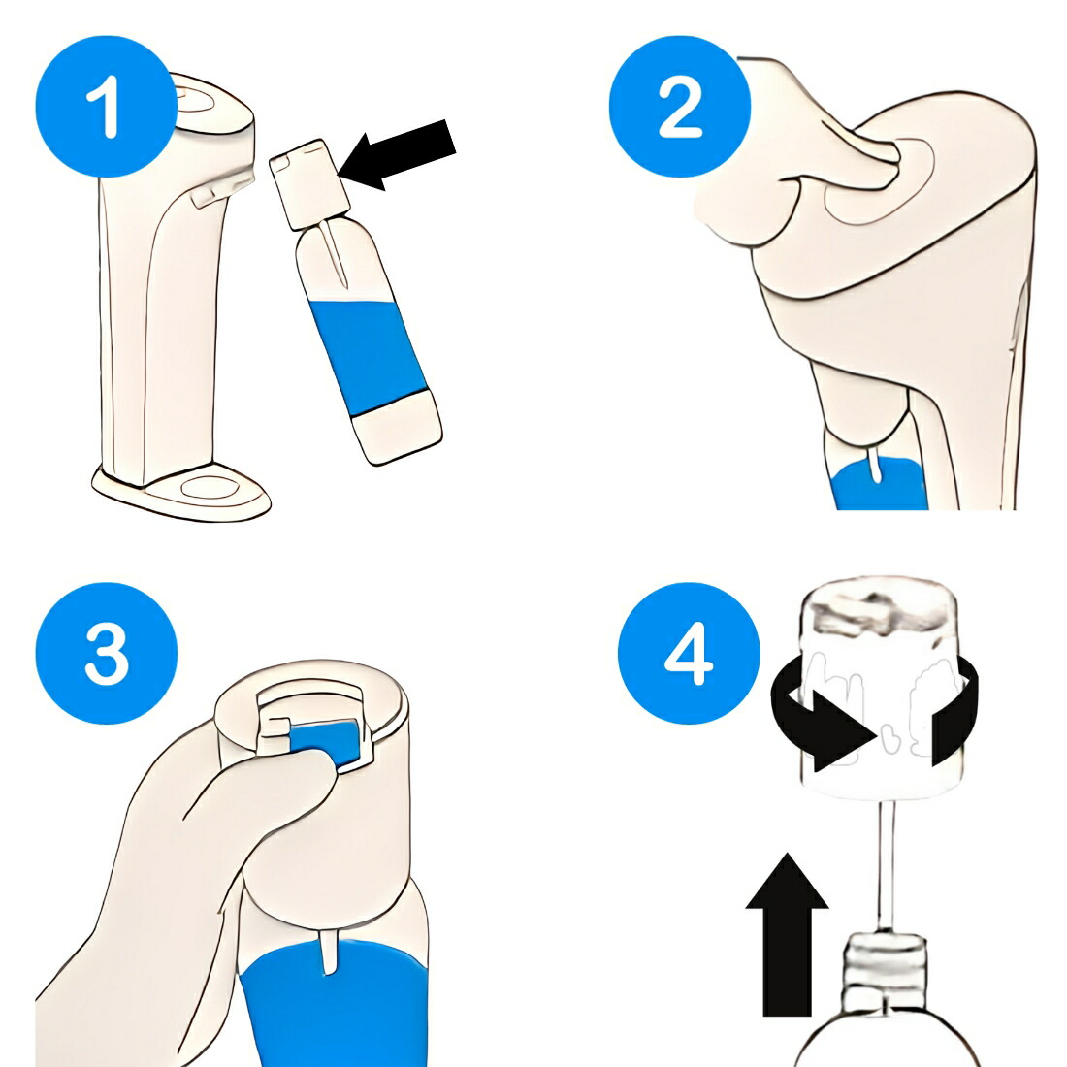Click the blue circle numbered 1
click(x=106, y=107)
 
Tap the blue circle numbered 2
click(x=680, y=107)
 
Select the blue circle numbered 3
click(x=106, y=653)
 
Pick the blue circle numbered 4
click(x=689, y=653)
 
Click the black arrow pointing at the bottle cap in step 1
click(x=397, y=155)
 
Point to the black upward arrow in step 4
click(x=788, y=934)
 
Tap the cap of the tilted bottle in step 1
click(x=309, y=183)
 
